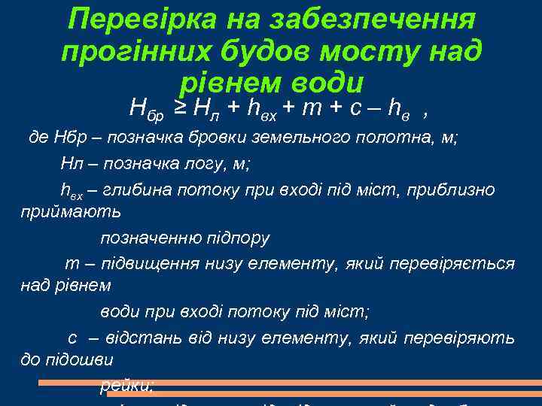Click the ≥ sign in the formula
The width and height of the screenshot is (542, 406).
181,109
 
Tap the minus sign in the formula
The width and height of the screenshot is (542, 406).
373,110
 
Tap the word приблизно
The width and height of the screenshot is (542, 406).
451,189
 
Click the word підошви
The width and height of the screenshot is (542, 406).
81,362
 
